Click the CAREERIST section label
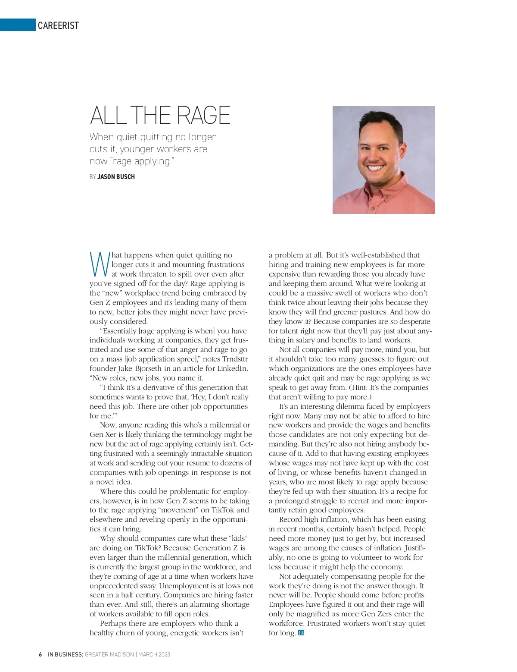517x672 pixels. pos(58,25)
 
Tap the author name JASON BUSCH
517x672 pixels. pos(116,177)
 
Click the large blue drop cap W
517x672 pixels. pos(100,264)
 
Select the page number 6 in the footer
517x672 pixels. pos(40,654)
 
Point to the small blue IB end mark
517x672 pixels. pos(301,633)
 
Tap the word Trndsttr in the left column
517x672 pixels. pos(235,359)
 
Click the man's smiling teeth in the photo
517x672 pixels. pos(374,168)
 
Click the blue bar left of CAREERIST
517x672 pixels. pos(17,25)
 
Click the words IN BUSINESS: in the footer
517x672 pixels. pos(65,654)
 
